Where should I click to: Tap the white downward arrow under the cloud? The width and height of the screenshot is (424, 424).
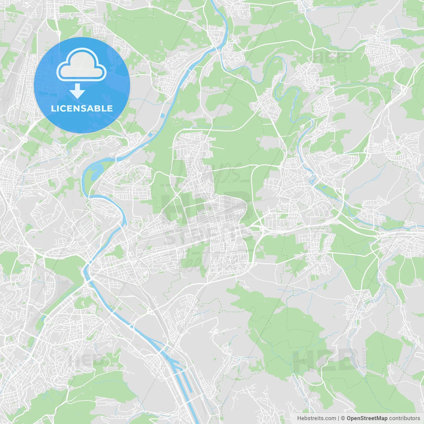[78, 91]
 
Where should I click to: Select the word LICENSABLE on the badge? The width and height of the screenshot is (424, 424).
[82, 109]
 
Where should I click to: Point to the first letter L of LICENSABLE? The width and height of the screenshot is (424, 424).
[53, 109]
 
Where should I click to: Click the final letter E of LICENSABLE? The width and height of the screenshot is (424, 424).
[110, 109]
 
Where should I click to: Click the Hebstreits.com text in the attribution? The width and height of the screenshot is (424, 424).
[316, 418]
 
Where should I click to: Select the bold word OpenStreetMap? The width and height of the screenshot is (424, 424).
[367, 418]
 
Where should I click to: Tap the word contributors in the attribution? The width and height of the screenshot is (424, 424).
[404, 418]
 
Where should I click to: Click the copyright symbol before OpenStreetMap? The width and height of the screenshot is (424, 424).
[343, 418]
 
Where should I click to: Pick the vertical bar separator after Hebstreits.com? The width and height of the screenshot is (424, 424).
[339, 418]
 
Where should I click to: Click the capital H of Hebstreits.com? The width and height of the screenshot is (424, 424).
[299, 418]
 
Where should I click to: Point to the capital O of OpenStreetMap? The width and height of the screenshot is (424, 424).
[349, 418]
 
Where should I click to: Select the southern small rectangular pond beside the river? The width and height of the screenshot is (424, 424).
[151, 135]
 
